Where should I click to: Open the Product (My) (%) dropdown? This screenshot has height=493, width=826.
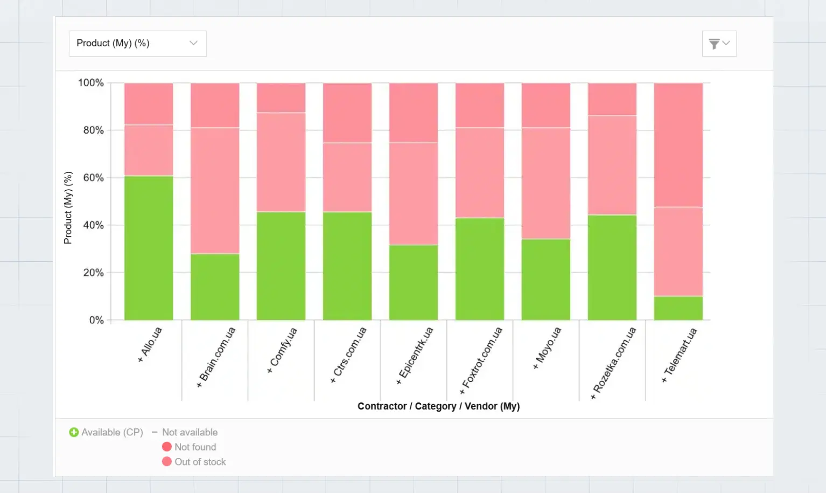tap(137, 43)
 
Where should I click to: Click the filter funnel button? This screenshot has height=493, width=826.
tap(719, 44)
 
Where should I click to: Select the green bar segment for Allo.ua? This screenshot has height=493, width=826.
tap(149, 248)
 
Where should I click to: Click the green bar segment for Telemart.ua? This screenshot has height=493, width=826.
tap(678, 308)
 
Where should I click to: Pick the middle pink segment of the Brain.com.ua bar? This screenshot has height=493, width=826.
tap(215, 191)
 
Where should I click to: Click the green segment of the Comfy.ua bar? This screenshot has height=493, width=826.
tap(281, 266)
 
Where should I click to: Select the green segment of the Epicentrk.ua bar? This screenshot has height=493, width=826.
tap(414, 282)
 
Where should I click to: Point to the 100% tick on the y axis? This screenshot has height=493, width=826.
tap(90, 83)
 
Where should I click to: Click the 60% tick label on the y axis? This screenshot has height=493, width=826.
tap(93, 178)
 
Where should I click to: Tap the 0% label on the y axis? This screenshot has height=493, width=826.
tap(96, 320)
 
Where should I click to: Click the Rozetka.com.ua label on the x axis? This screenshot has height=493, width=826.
tap(614, 362)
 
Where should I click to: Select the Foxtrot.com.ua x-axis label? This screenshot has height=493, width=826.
tap(481, 360)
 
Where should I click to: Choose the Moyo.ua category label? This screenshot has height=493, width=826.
tap(548, 348)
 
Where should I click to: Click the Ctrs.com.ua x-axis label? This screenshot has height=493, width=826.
tap(349, 355)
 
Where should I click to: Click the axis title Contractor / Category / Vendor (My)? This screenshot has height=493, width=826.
tap(438, 406)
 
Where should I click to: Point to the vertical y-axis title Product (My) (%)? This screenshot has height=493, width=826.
tap(68, 207)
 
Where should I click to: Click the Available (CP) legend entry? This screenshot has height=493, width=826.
tap(106, 432)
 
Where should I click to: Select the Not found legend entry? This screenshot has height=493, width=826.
tap(189, 447)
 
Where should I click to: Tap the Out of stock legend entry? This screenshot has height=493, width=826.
tap(194, 462)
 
